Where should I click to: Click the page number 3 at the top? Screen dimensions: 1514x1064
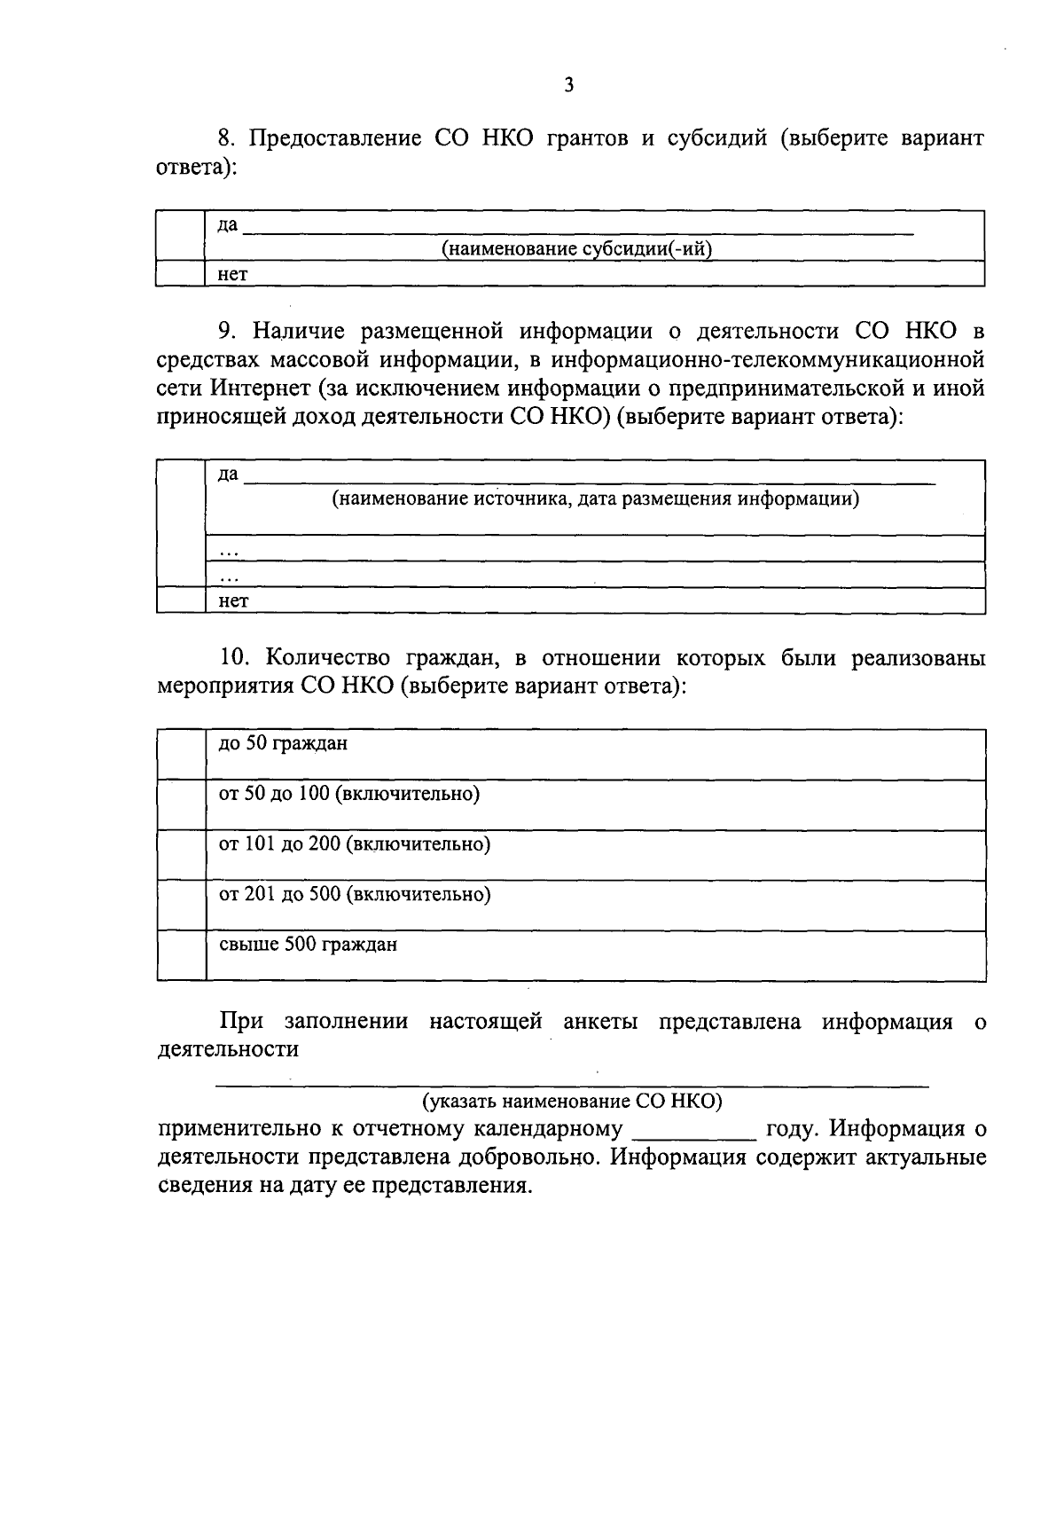click(x=568, y=86)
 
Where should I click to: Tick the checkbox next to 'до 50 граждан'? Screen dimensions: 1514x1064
click(x=181, y=755)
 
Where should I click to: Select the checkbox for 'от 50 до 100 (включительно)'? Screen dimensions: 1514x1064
click(x=181, y=805)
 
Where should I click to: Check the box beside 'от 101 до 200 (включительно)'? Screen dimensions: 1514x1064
click(x=181, y=855)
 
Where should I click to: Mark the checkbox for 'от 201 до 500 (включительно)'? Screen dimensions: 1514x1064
click(x=181, y=906)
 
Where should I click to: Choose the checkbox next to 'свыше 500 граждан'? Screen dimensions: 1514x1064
click(x=181, y=955)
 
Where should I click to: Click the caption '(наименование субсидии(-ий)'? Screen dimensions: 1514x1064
click(x=577, y=249)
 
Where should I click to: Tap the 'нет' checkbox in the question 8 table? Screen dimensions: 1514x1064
click(x=180, y=274)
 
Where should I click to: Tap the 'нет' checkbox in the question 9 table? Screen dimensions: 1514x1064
click(x=181, y=600)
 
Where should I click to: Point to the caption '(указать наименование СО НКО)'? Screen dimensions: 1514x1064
click(x=572, y=1102)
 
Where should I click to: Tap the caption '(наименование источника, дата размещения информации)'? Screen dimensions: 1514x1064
click(x=596, y=498)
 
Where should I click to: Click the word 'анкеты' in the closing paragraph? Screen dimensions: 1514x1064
click(x=600, y=1022)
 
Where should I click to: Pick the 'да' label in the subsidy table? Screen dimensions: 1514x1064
click(x=228, y=225)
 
